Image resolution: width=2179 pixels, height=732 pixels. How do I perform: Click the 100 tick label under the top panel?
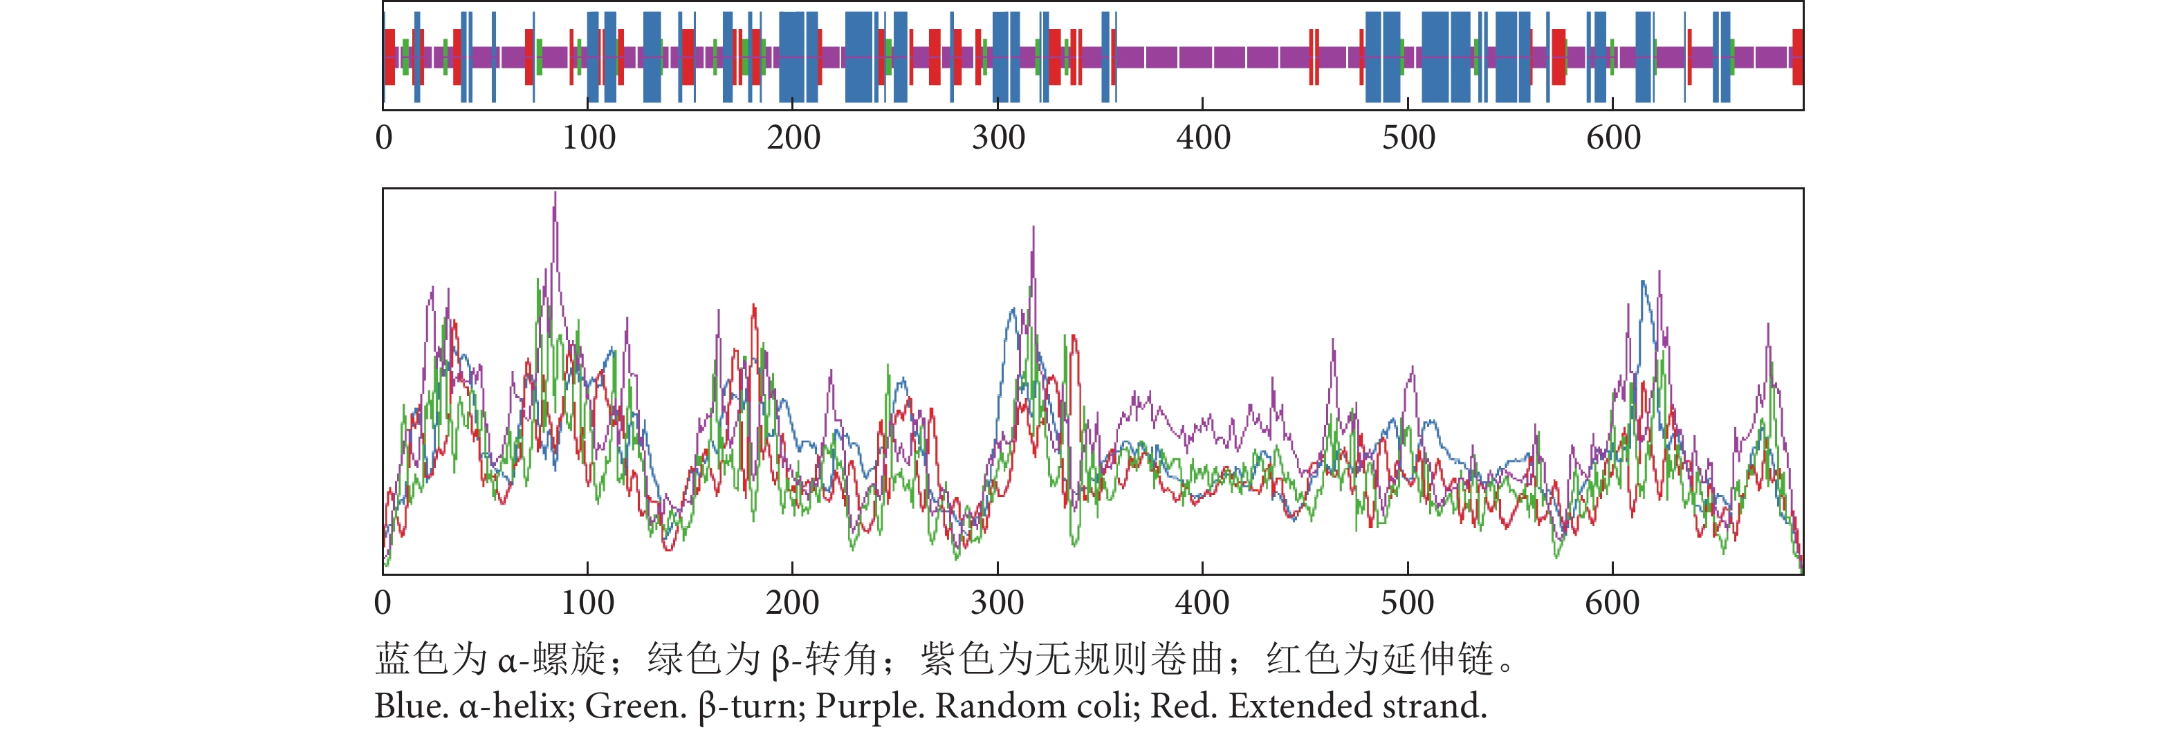(x=589, y=138)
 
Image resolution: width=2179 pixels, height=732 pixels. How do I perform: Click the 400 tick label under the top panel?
(x=1203, y=138)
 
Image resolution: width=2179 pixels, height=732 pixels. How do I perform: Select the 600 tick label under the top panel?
(x=1613, y=138)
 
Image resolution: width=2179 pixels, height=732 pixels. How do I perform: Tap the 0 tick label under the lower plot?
(x=383, y=603)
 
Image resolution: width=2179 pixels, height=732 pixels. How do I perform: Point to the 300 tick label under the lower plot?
(x=997, y=603)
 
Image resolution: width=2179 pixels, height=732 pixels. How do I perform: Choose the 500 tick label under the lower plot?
(x=1408, y=603)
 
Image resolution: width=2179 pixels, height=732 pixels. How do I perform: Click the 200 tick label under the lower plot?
(x=793, y=603)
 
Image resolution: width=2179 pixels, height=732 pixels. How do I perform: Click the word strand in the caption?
(x=1434, y=706)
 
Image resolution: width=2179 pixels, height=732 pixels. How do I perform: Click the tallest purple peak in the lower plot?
(x=555, y=194)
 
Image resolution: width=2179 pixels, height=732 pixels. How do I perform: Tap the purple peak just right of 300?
(x=1033, y=228)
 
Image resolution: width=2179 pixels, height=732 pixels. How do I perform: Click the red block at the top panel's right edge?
(x=1798, y=57)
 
